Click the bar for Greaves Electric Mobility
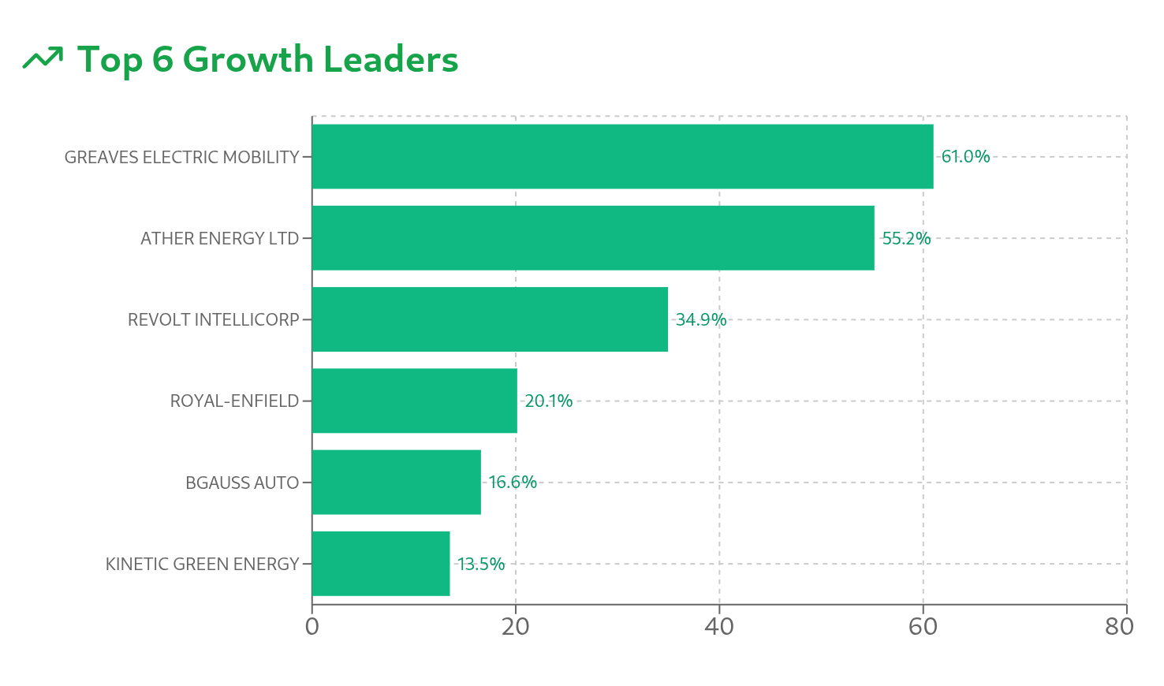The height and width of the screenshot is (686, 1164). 622,156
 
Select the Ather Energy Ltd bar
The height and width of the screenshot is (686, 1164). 593,238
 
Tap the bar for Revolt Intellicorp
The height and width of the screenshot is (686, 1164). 490,319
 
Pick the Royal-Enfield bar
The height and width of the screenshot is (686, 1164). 415,401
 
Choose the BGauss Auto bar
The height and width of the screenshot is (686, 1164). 397,483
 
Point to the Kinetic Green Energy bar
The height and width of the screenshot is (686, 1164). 381,564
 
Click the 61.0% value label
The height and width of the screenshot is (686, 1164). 965,156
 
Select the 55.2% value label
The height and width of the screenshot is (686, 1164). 906,238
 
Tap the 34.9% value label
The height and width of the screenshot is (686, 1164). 701,319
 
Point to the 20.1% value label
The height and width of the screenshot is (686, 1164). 549,401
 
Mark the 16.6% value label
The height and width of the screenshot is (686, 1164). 513,483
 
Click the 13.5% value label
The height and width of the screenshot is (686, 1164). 481,564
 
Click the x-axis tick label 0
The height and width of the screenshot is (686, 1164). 312,627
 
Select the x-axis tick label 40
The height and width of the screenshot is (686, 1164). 719,627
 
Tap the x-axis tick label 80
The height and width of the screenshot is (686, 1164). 1119,627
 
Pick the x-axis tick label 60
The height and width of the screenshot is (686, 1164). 923,627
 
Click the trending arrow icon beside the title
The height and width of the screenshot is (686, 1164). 43,58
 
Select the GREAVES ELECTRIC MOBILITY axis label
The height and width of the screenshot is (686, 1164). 182,157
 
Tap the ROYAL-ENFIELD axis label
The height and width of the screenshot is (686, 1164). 234,401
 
